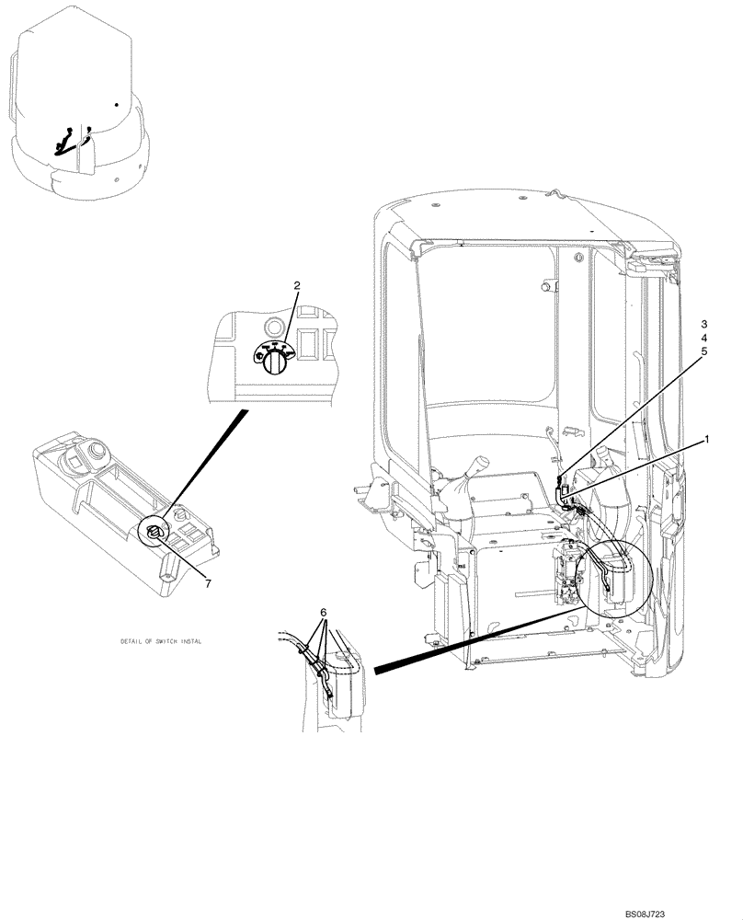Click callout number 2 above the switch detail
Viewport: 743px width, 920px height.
coord(297,286)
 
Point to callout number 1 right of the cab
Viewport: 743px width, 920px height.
coord(707,441)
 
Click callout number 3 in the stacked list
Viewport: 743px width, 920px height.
coord(704,325)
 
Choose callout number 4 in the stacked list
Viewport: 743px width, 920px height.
coord(704,338)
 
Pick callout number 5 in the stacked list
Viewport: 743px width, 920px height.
coord(704,351)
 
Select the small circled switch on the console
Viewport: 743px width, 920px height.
coord(153,530)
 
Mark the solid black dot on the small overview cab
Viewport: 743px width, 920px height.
coord(117,105)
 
